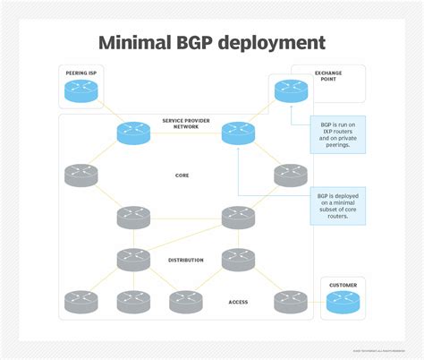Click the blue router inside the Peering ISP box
click(x=81, y=90)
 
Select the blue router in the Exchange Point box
click(x=291, y=90)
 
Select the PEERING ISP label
click(x=81, y=72)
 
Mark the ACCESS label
click(x=238, y=302)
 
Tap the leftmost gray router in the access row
click(x=81, y=302)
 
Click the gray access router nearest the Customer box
click(x=291, y=302)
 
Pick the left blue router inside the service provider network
click(x=133, y=133)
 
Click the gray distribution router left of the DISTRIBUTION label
click(x=133, y=260)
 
